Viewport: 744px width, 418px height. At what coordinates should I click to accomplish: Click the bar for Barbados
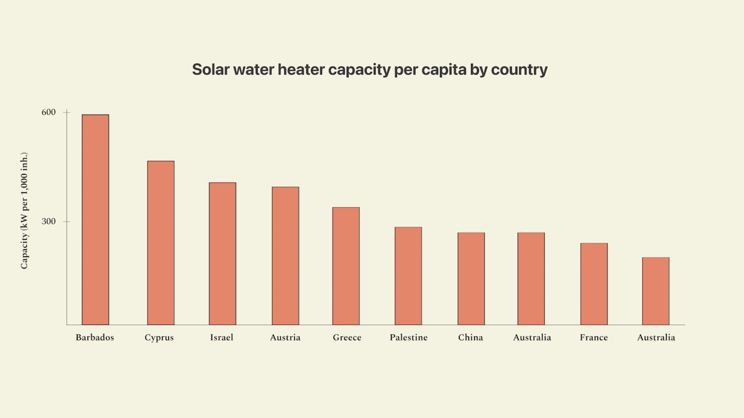tap(95, 220)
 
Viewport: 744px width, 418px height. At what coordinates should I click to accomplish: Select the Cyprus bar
tap(161, 243)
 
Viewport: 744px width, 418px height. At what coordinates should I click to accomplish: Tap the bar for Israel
tap(222, 254)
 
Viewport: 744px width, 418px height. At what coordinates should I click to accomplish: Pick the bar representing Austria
tap(285, 256)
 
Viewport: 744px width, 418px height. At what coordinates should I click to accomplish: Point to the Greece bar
tap(346, 266)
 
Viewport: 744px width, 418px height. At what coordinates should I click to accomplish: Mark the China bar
tap(471, 279)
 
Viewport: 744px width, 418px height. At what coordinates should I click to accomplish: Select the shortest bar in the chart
tap(656, 291)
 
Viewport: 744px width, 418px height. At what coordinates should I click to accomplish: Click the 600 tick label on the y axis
tap(48, 112)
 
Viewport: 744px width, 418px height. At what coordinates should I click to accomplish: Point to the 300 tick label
tap(48, 221)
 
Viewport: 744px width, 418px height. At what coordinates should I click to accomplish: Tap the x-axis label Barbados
tap(95, 337)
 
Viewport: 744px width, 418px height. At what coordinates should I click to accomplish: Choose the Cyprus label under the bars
tap(159, 338)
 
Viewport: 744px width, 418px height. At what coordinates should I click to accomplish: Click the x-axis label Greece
tap(347, 337)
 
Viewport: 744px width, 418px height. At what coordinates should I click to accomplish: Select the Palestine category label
tap(408, 337)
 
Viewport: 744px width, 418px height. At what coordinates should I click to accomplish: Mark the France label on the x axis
tap(594, 337)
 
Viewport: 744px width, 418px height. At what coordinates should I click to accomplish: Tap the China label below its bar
tap(470, 337)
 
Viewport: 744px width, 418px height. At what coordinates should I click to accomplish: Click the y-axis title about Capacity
tap(24, 210)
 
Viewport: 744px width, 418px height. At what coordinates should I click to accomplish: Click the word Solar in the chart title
tap(211, 70)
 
